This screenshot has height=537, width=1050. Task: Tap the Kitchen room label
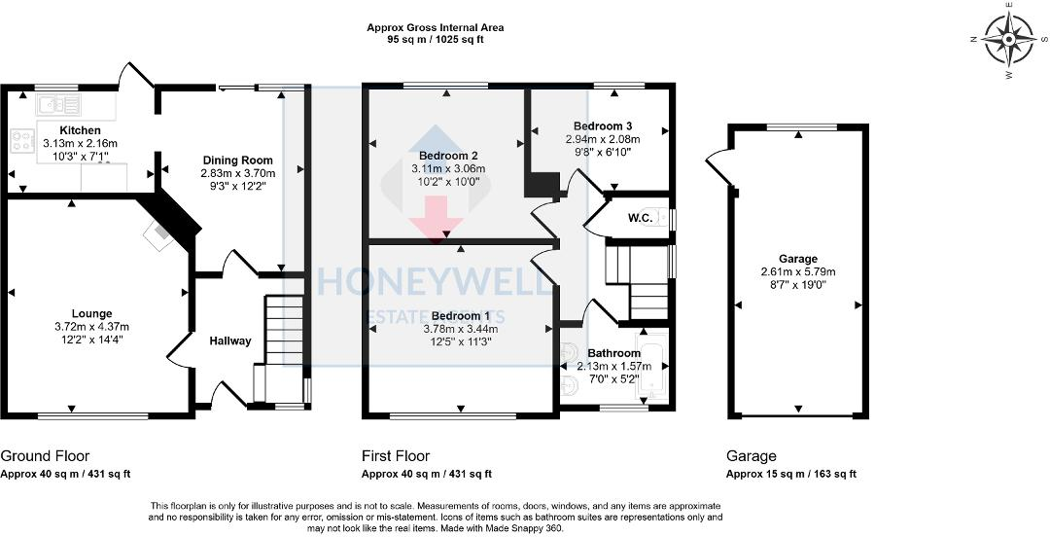[x=80, y=130]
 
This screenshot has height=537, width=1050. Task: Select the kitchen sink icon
[x=59, y=102]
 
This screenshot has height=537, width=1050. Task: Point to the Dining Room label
[x=238, y=161]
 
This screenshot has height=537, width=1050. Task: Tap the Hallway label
[x=230, y=341]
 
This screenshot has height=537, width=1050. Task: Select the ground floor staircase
[x=284, y=336]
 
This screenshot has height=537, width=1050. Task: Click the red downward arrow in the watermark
[x=435, y=216]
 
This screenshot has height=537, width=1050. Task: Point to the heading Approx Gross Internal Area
[x=436, y=28]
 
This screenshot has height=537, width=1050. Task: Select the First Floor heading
[x=395, y=456]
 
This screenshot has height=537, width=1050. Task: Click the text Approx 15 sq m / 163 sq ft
[x=790, y=474]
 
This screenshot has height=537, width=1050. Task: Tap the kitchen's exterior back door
[x=134, y=78]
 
